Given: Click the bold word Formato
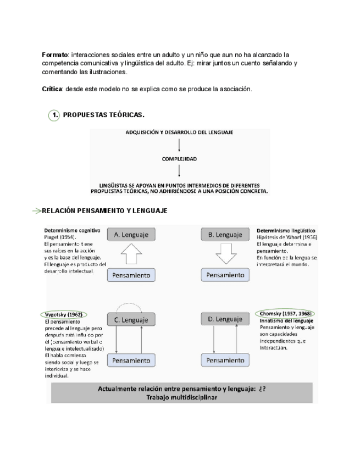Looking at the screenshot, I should click(54, 55).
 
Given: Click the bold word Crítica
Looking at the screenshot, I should click(53, 89).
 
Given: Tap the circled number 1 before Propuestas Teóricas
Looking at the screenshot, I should click(54, 115).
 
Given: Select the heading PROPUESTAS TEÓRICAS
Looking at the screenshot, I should click(104, 115).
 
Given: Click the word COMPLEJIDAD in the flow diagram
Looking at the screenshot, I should click(179, 159).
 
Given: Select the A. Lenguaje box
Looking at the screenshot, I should click(131, 235).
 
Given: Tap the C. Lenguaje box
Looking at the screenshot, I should click(131, 319).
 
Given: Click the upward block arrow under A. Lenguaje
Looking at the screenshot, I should click(131, 255).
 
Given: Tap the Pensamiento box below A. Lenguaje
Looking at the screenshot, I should click(131, 275).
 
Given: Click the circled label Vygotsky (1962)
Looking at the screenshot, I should click(64, 314).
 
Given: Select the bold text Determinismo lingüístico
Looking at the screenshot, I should click(286, 230).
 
